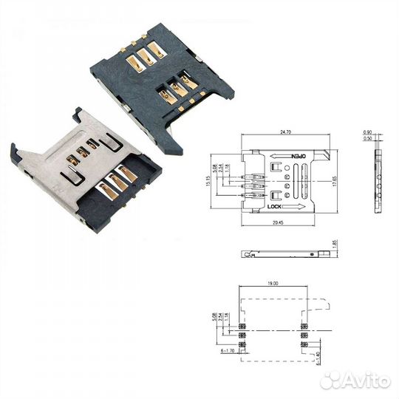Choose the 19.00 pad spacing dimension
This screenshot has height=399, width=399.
point(275,282)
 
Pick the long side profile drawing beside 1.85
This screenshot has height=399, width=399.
point(284,254)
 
